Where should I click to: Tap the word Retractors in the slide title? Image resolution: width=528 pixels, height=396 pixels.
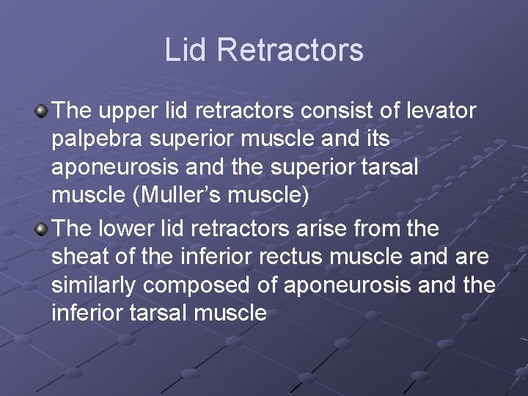[x=290, y=50]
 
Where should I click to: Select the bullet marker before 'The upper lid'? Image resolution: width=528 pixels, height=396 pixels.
[x=41, y=111]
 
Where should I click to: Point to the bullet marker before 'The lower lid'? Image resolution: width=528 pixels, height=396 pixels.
[x=41, y=229]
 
